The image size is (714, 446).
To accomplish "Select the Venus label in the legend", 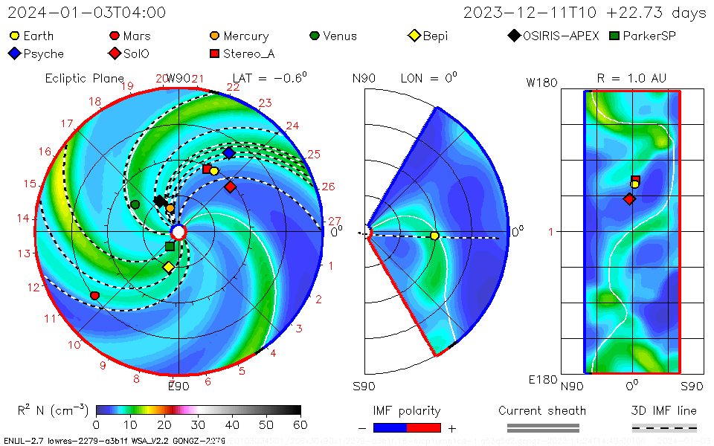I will click(x=340, y=36).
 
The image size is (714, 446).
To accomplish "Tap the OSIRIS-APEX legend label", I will click(x=561, y=36).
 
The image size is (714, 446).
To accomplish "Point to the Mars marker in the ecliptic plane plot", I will click(x=94, y=296).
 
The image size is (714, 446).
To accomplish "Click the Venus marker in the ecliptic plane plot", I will click(x=135, y=204).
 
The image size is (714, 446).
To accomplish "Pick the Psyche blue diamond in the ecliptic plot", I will click(x=229, y=152).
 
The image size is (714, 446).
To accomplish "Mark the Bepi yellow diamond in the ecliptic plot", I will click(x=169, y=267).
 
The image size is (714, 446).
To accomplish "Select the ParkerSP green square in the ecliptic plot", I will click(x=170, y=246).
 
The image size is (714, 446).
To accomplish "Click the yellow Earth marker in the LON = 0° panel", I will click(x=434, y=236).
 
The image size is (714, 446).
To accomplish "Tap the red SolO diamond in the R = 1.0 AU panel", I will click(x=630, y=199).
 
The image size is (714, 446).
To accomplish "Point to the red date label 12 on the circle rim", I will click(x=33, y=288).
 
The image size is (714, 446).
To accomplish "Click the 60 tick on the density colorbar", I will click(x=300, y=424).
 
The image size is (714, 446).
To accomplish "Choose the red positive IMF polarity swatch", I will click(x=424, y=427).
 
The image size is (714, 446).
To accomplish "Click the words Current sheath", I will click(x=542, y=410).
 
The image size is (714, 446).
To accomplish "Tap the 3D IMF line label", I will click(x=665, y=410).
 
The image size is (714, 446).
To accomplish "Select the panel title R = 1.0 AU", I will click(x=631, y=78).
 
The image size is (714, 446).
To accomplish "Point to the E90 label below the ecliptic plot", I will click(x=178, y=386).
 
